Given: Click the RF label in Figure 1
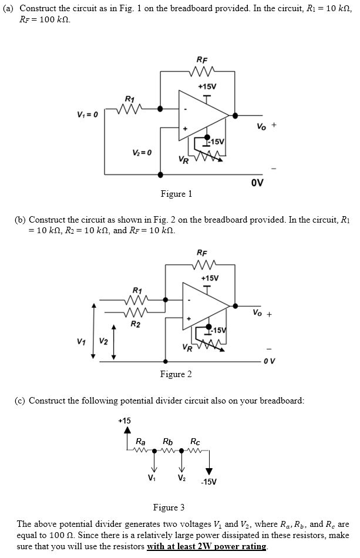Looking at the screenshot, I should [201, 59].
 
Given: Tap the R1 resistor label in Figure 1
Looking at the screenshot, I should [129, 98].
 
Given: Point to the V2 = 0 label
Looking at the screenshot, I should [142, 153].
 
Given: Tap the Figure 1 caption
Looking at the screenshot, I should [176, 194].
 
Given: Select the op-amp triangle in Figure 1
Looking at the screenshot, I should [203, 115].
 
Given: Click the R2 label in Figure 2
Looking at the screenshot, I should [135, 324].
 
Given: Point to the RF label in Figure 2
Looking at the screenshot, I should [201, 253].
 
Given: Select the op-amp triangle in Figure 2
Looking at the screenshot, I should [203, 305].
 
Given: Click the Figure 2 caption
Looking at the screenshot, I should [176, 374].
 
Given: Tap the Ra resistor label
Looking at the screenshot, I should [141, 441].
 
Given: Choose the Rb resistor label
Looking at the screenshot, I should [167, 441].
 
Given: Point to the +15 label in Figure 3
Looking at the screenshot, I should [125, 420].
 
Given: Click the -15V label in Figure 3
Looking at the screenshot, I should [209, 482].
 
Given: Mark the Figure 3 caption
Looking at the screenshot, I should [169, 507].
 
